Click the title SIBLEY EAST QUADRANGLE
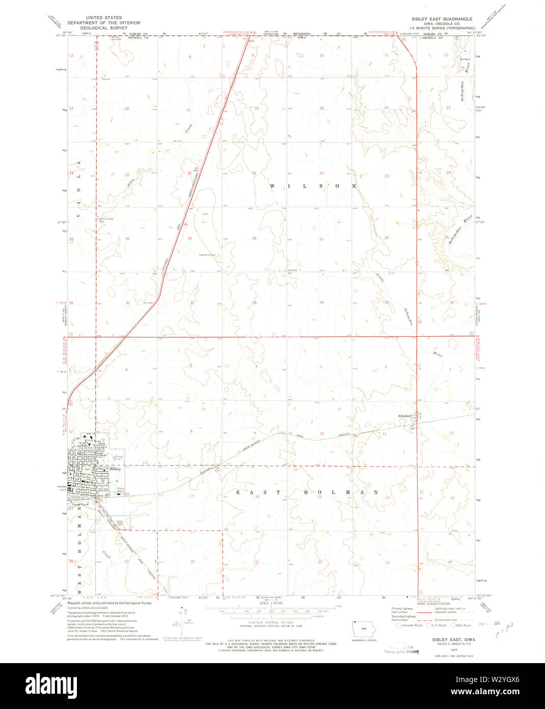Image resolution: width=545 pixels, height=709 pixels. tap(442, 19)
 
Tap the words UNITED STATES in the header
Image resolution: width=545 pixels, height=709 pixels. tap(104, 17)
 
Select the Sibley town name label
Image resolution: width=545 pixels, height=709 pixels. tap(115, 469)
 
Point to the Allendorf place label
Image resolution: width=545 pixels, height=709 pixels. tap(407, 416)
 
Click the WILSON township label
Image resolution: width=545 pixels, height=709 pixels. tap(313, 187)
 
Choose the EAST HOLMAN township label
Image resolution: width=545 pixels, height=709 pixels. tap(307, 492)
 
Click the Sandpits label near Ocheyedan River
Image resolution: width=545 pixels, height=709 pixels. tap(465, 59)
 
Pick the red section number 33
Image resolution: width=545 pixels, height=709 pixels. tap(254, 303)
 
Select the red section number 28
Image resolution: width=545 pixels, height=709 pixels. tap(254, 238)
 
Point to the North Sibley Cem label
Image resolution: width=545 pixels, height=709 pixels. tap(105, 220)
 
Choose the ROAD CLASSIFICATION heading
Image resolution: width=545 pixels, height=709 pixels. tap(429, 603)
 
